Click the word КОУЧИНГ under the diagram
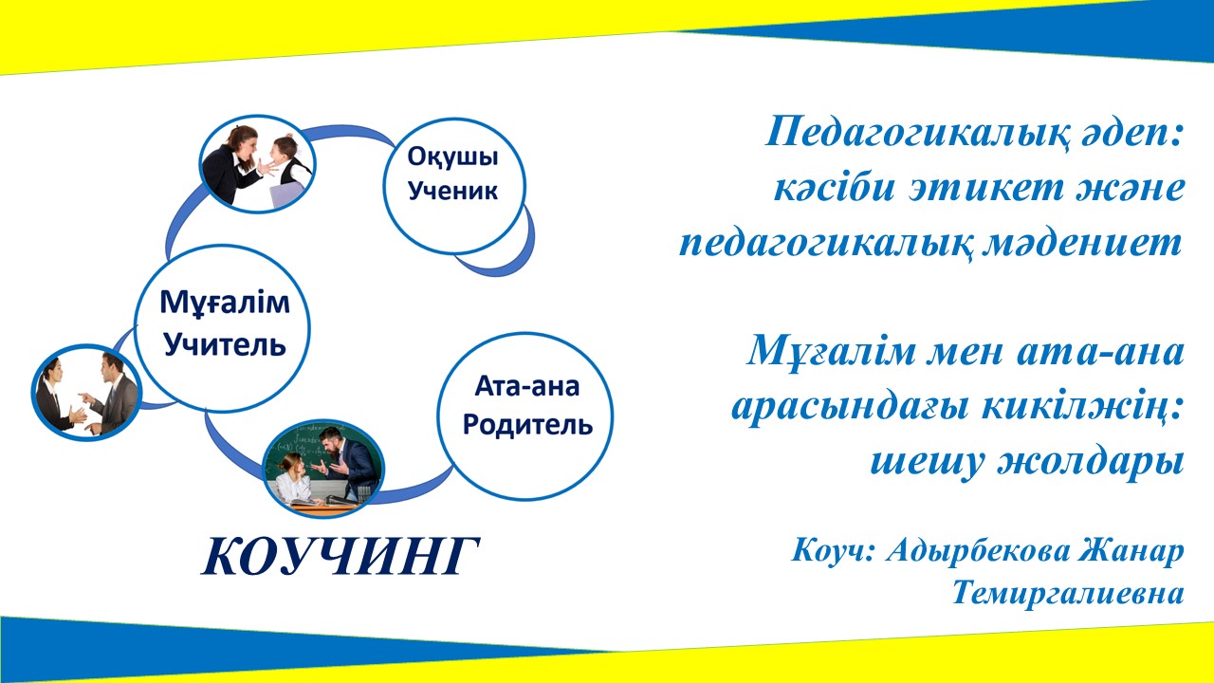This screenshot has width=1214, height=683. [x=340, y=556]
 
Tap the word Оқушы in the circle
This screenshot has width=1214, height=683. [x=452, y=157]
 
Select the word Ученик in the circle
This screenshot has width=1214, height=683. [x=452, y=191]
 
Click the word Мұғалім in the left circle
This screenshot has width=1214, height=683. [x=225, y=304]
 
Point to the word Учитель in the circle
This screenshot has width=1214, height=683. [x=225, y=343]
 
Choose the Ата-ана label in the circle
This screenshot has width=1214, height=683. [x=526, y=386]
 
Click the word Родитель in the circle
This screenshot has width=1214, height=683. [x=526, y=424]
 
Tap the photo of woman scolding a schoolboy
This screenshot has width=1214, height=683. [x=257, y=164]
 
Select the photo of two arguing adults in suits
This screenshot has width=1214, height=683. [x=86, y=393]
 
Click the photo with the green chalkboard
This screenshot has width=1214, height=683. [x=323, y=469]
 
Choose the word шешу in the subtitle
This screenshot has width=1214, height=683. [x=928, y=463]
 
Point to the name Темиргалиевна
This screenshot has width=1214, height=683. [x=1068, y=592]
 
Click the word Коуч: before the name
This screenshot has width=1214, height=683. [x=833, y=551]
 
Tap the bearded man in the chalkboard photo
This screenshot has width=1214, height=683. [x=348, y=461]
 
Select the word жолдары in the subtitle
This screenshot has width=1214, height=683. [x=1091, y=462]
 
